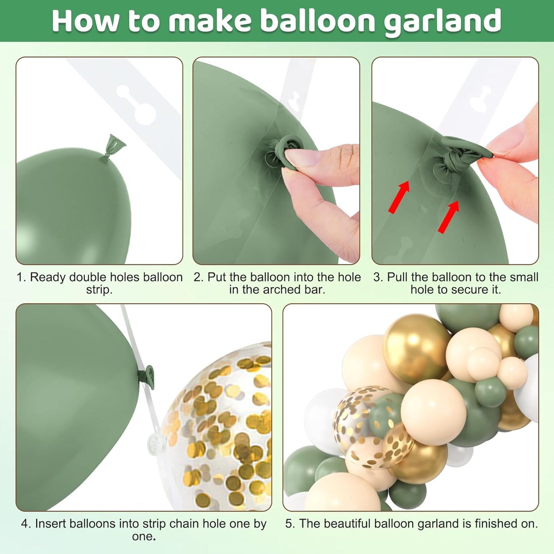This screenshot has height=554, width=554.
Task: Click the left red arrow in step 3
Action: coord(399,197)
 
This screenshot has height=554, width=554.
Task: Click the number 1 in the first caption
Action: coord(20,277)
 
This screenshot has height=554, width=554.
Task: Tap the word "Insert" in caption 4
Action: coord(51,524)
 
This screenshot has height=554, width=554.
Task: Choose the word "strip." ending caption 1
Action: coord(99,289)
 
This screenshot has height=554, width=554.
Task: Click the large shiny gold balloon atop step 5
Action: coord(416,347)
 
